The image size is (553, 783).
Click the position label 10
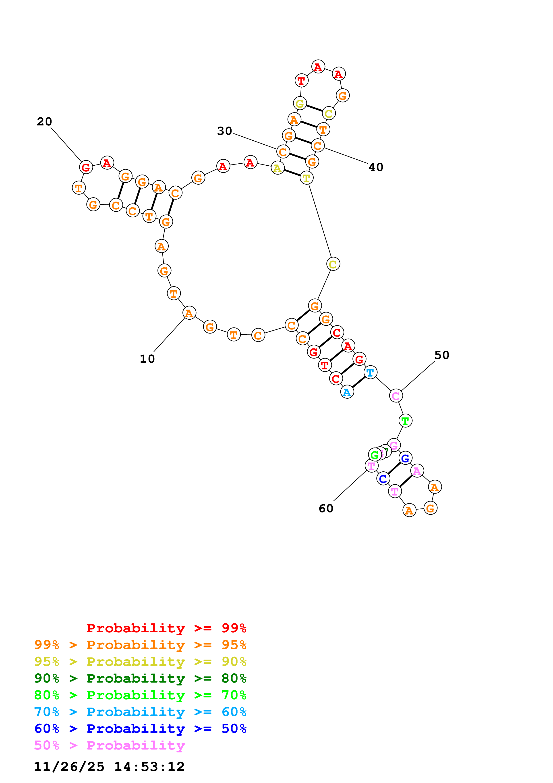pos(147,359)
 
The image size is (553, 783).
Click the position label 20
pos(44,121)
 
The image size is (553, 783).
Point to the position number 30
pos(225,131)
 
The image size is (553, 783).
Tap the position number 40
pos(376,167)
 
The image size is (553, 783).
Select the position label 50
pos(442,355)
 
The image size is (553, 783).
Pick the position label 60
pos(326,508)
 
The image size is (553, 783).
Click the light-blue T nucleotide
pos(370,372)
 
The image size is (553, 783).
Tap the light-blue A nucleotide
pos(347,392)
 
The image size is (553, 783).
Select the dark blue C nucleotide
pos(383,479)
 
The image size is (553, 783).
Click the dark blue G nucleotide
pos(405,458)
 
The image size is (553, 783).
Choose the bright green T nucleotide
pos(405,421)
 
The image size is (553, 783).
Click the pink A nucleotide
pos(417,471)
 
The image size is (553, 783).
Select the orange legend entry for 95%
pos(140,645)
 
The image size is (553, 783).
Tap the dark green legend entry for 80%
pos(140,678)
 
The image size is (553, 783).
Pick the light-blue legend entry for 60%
pos(140,712)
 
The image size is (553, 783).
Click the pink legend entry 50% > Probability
pos(109,745)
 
